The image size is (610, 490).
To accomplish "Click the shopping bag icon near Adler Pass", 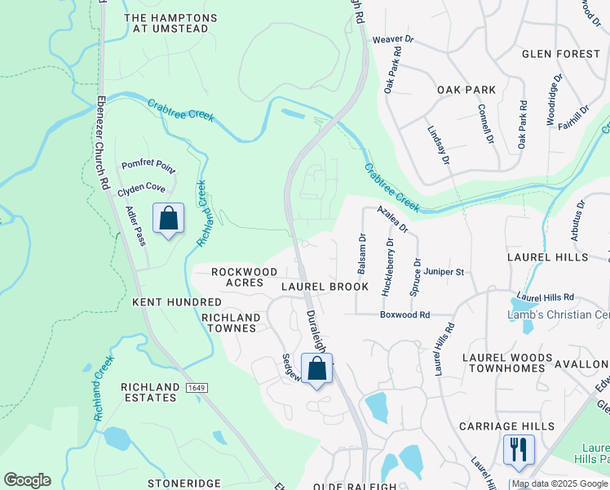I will click(168, 219).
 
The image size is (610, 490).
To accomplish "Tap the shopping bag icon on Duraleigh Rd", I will click(317, 369).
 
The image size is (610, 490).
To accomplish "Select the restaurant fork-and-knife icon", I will click(518, 448).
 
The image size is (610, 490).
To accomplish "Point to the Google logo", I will click(27, 480).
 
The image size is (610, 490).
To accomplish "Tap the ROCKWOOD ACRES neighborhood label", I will click(237, 277).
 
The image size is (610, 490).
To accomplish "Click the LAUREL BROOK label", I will click(325, 287).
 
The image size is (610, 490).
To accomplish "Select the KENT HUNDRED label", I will click(177, 302).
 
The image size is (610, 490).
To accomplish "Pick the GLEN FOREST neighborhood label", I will click(561, 54).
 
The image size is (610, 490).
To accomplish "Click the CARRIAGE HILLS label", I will click(506, 426).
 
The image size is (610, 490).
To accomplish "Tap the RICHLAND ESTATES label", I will click(148, 392).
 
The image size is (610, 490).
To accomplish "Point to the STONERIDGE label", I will click(183, 483).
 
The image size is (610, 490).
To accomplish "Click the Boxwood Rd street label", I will click(404, 314).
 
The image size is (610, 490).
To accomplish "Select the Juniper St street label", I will click(444, 272).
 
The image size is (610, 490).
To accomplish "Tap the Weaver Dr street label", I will click(393, 39).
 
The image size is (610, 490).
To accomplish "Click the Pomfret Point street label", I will click(148, 166).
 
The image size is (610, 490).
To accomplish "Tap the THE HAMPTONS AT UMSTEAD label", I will click(170, 23).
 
